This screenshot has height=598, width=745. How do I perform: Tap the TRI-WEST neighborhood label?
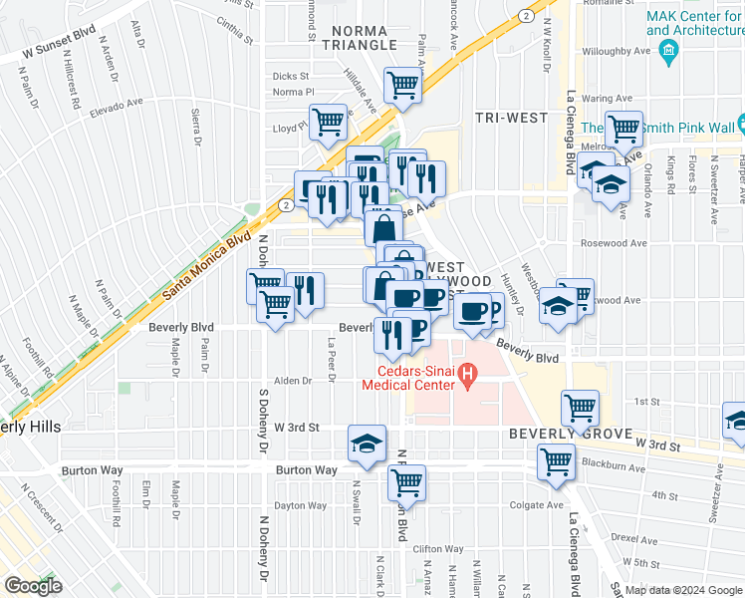click(x=511, y=118)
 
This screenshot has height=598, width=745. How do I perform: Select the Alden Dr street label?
click(x=294, y=381)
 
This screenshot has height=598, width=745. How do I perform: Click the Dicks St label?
click(x=291, y=76)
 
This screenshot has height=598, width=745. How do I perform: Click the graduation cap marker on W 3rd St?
click(x=367, y=443)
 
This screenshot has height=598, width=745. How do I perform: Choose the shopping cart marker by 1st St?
click(x=580, y=406)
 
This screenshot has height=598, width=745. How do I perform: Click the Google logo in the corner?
click(x=33, y=586)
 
